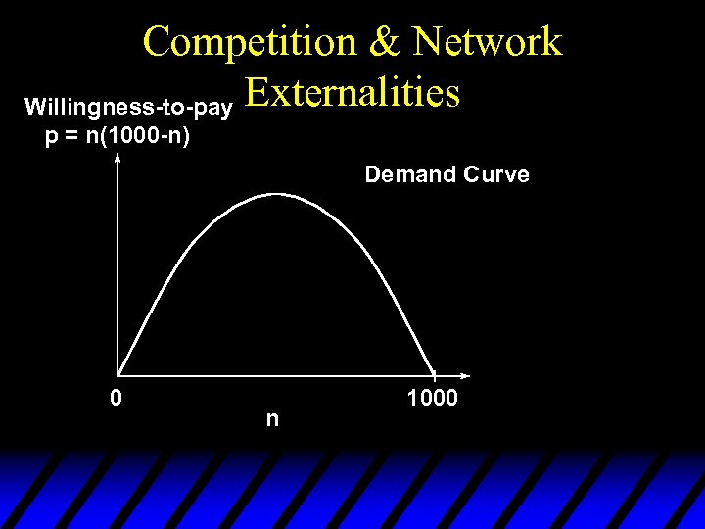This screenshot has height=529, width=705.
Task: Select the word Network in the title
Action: (x=486, y=42)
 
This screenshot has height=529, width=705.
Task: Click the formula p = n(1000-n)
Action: (x=117, y=135)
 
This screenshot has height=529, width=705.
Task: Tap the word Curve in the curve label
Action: (x=495, y=175)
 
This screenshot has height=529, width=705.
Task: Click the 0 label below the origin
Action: (x=117, y=399)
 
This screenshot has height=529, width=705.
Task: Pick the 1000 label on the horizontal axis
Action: (x=431, y=399)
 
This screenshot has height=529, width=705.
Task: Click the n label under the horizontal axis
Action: (x=272, y=419)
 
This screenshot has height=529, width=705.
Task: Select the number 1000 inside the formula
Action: (x=129, y=135)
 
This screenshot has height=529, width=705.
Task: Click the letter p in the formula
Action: (x=51, y=136)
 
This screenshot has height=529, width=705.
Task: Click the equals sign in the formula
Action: (x=69, y=135)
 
